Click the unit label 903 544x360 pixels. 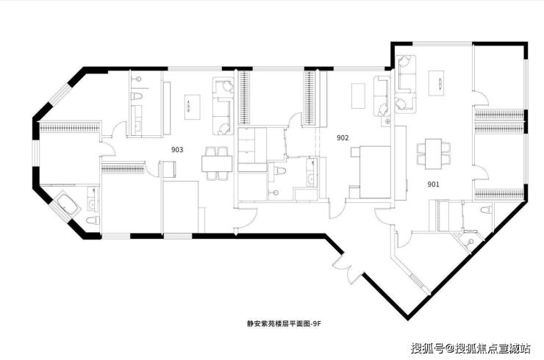pos(176,150)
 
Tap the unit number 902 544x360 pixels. pos(342,137)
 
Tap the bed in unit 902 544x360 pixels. pos(369,171)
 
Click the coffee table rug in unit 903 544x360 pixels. pos(192,106)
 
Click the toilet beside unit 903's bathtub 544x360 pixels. pos(90,220)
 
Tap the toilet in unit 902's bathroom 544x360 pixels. pos(279,173)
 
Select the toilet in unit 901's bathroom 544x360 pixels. pos(483,210)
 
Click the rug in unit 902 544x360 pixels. pos(358,96)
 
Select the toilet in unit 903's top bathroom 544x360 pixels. pos(137,98)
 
